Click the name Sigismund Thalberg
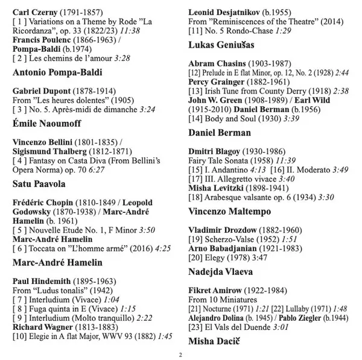click(46, 153)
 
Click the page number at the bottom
click(180, 355)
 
